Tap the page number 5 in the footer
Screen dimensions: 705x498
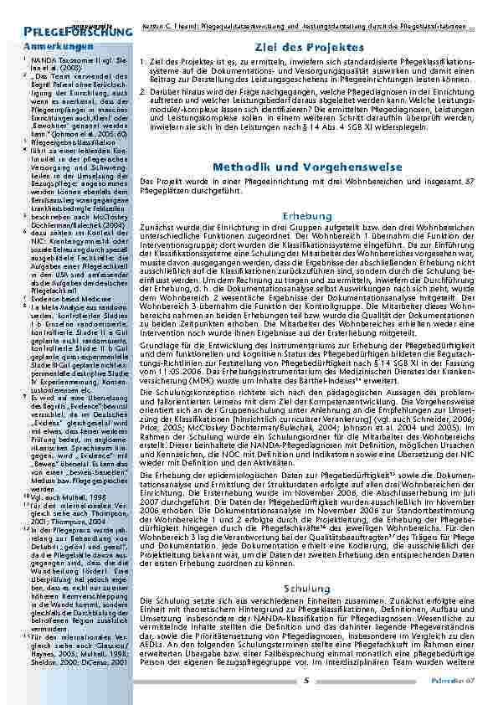(x=307, y=679)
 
